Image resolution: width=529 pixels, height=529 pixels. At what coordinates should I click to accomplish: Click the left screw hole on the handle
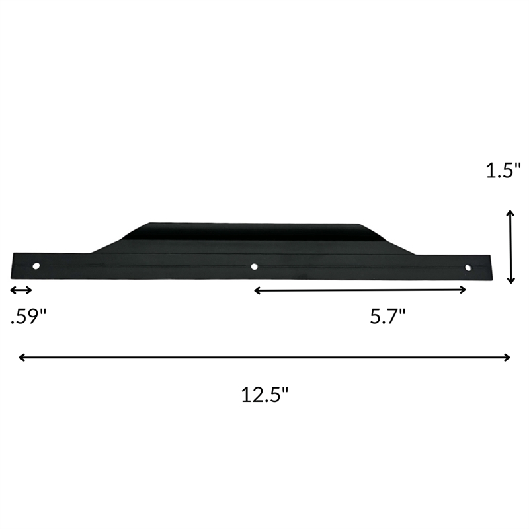[x=36, y=266]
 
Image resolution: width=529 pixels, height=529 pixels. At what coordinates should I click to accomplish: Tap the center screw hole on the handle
[x=255, y=267]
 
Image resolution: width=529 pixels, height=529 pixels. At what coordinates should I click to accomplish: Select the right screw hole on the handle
[x=468, y=268]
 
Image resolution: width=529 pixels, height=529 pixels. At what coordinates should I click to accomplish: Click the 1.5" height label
[x=504, y=171]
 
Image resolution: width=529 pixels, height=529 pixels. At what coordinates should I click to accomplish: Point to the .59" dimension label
[x=28, y=317]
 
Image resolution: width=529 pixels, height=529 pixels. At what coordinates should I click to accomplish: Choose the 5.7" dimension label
[x=387, y=317]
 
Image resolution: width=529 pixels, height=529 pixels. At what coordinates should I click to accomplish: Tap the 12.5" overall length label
[x=264, y=395]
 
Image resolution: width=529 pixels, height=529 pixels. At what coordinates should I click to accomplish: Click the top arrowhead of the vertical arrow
[x=510, y=213]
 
